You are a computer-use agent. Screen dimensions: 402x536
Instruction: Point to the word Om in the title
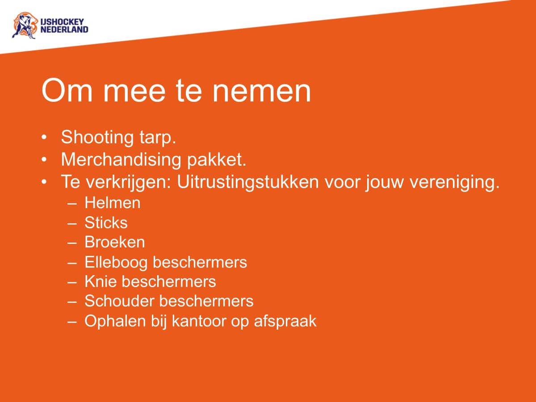63,91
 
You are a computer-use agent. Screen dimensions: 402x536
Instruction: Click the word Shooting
95,138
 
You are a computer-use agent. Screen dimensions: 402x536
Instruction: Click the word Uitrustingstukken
247,182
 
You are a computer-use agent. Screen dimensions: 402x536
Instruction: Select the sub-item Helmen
112,203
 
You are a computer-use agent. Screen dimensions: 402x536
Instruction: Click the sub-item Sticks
106,222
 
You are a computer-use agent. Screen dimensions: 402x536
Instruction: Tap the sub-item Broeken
114,242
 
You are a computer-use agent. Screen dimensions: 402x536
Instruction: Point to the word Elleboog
116,262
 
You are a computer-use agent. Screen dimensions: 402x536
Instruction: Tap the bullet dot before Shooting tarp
44,137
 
